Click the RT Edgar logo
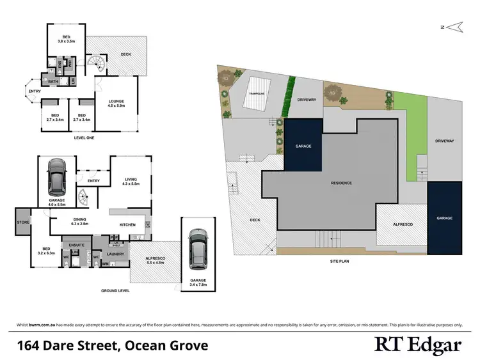pyautogui.click(x=417, y=345)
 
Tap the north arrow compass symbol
pyautogui.click(x=454, y=27)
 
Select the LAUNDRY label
pyautogui.click(x=116, y=254)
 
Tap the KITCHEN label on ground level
pyautogui.click(x=129, y=225)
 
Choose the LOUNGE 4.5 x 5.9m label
pyautogui.click(x=116, y=104)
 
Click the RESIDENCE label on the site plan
pyautogui.click(x=341, y=183)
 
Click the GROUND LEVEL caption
pyautogui.click(x=115, y=291)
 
